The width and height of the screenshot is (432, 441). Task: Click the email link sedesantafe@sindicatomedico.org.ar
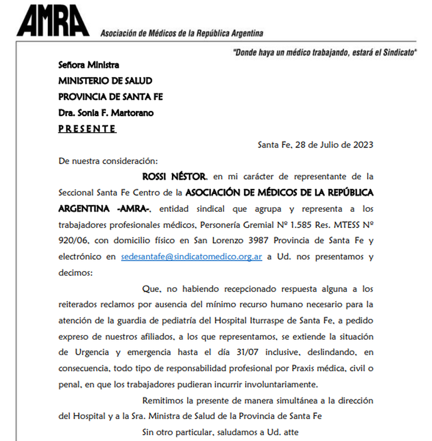point(191,257)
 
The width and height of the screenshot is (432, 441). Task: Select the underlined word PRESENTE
point(87,129)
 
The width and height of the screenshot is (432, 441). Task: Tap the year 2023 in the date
point(363,145)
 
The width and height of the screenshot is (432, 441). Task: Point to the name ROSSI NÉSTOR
point(174,177)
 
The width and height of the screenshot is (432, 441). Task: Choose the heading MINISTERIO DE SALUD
point(105,81)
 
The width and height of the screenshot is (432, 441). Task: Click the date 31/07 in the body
point(247,352)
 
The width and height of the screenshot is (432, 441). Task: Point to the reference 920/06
point(73,240)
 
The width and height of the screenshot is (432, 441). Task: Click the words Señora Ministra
point(89,65)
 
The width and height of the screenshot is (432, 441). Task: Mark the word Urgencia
point(92,352)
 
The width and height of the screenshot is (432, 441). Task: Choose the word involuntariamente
point(281,384)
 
